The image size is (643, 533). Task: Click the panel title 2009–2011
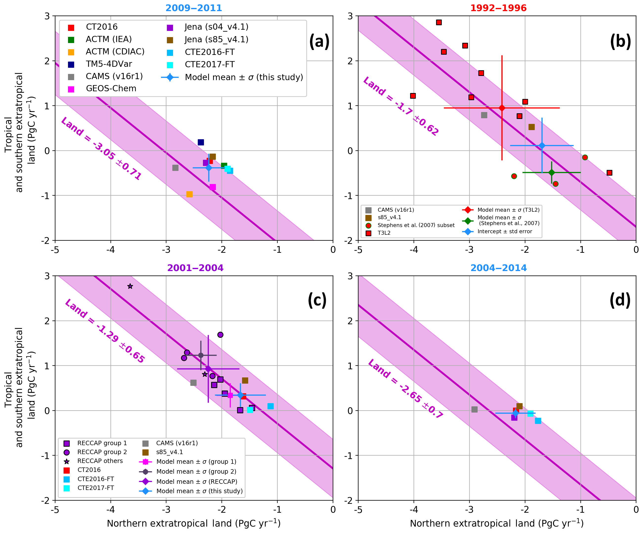tap(194, 8)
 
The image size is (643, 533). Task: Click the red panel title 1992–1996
tap(498, 8)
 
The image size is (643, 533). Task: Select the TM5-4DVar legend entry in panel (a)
tap(109, 64)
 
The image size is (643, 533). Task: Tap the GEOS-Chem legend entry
tap(111, 89)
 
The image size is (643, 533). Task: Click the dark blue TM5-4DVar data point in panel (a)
tap(201, 142)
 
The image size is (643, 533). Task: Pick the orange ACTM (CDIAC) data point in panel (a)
tap(190, 194)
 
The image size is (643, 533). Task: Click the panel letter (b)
tap(620, 41)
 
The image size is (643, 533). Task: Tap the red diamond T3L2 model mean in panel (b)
tap(502, 108)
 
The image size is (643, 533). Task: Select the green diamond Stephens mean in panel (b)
tap(552, 172)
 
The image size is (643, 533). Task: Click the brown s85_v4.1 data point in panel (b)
tap(532, 127)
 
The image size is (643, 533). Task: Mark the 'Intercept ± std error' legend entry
tap(505, 232)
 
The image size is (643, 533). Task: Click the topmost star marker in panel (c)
tap(130, 286)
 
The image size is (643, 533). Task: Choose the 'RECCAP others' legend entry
tap(100, 461)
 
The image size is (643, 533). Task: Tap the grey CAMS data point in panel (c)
tap(193, 383)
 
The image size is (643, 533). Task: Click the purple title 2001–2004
tap(195, 268)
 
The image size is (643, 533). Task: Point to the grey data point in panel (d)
tap(474, 409)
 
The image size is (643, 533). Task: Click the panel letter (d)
tap(620, 300)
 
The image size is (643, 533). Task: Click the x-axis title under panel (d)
tap(497, 524)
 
